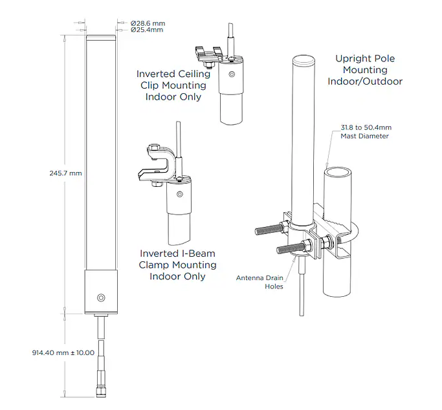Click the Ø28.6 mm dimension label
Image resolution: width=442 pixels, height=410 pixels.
(x=148, y=23)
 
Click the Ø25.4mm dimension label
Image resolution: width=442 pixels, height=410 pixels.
(x=147, y=30)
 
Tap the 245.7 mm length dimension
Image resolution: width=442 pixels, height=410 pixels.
(x=65, y=173)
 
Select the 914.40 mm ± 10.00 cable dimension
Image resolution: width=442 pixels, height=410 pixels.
(x=63, y=352)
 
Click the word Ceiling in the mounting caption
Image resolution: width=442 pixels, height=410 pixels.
(x=193, y=74)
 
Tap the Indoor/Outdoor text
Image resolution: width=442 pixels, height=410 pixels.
(x=365, y=81)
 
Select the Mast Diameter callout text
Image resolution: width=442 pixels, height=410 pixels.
(x=365, y=136)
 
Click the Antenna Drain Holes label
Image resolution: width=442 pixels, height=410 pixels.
(x=260, y=282)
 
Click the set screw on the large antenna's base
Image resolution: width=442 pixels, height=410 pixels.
(x=101, y=297)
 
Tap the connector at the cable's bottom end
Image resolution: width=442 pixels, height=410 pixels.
(x=101, y=391)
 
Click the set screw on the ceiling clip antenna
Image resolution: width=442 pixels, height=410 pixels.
(x=232, y=74)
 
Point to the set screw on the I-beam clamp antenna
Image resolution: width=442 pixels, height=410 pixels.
(x=180, y=194)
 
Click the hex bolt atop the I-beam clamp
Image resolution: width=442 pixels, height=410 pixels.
(x=154, y=147)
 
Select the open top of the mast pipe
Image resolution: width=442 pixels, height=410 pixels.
(x=338, y=172)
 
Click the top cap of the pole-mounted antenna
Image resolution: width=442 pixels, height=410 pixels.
(x=304, y=59)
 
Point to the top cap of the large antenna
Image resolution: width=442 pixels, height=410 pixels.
(x=101, y=38)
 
